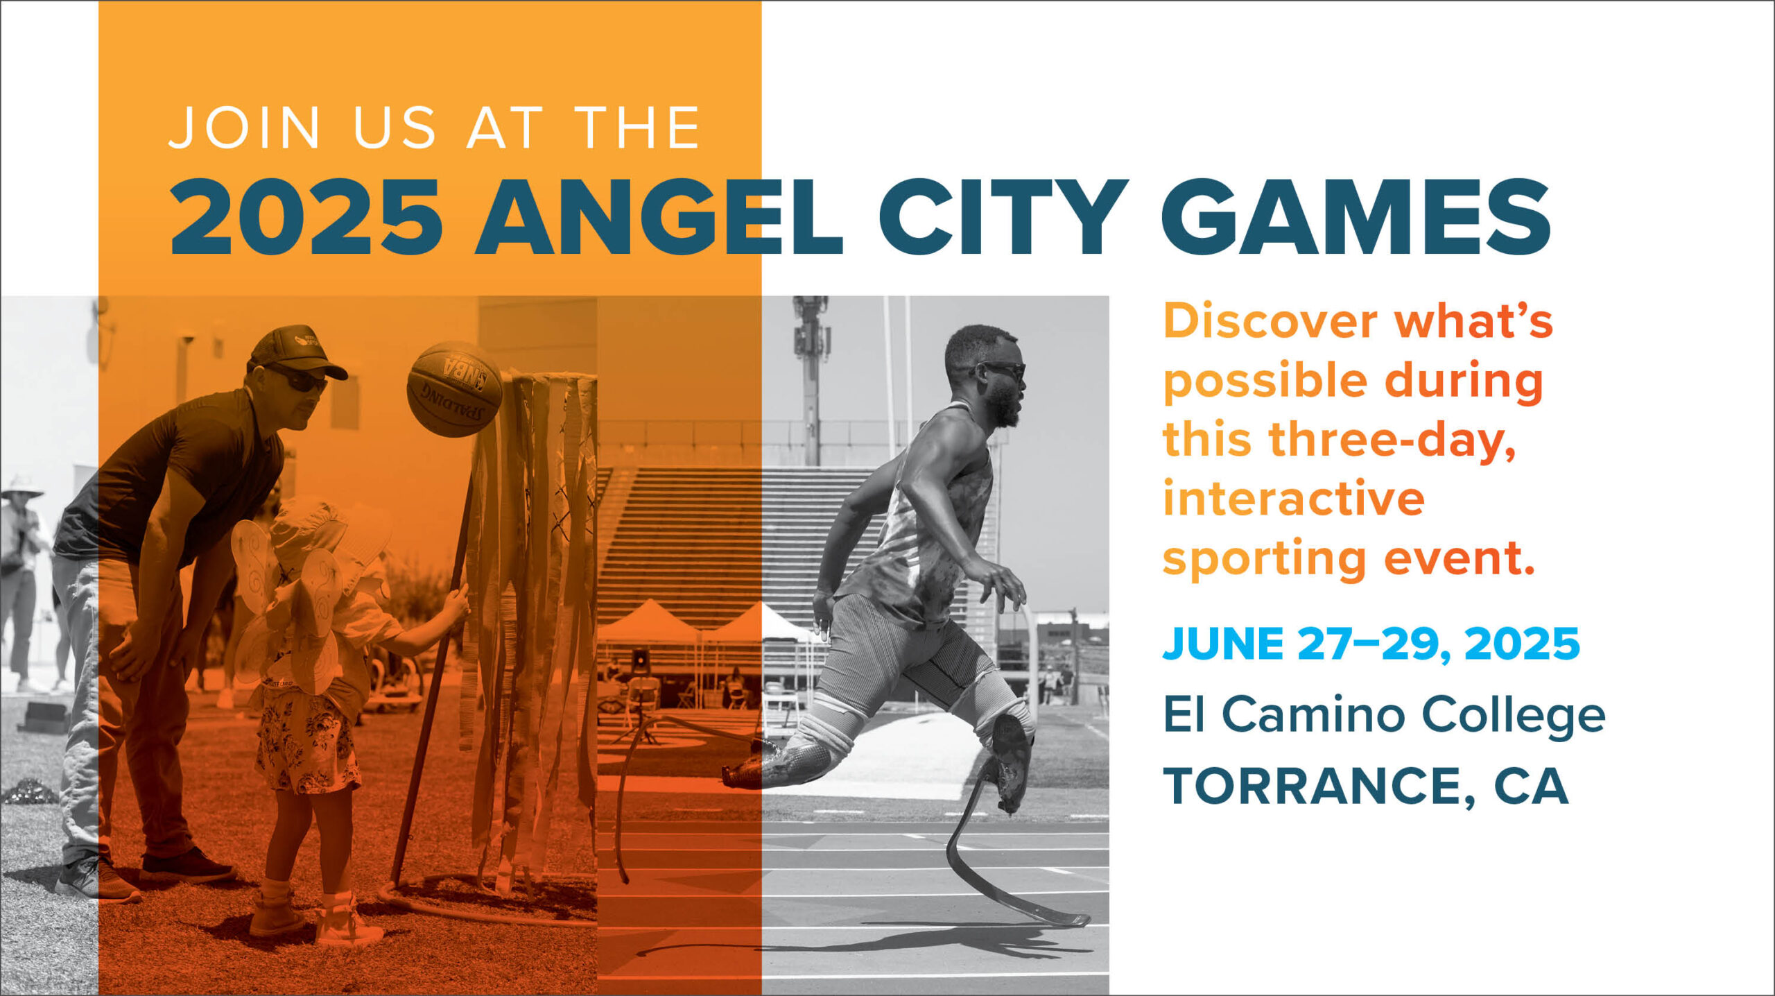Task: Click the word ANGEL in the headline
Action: coord(659,216)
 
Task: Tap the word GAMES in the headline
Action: coord(1356,216)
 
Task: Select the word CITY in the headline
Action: coord(1003,216)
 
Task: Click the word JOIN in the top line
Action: coord(244,128)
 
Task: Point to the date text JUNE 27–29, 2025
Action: coord(1371,644)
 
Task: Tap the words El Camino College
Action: coord(1384,716)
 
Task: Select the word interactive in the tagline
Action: coord(1294,498)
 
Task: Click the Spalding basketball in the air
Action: coord(455,389)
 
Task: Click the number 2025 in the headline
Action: coord(306,216)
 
